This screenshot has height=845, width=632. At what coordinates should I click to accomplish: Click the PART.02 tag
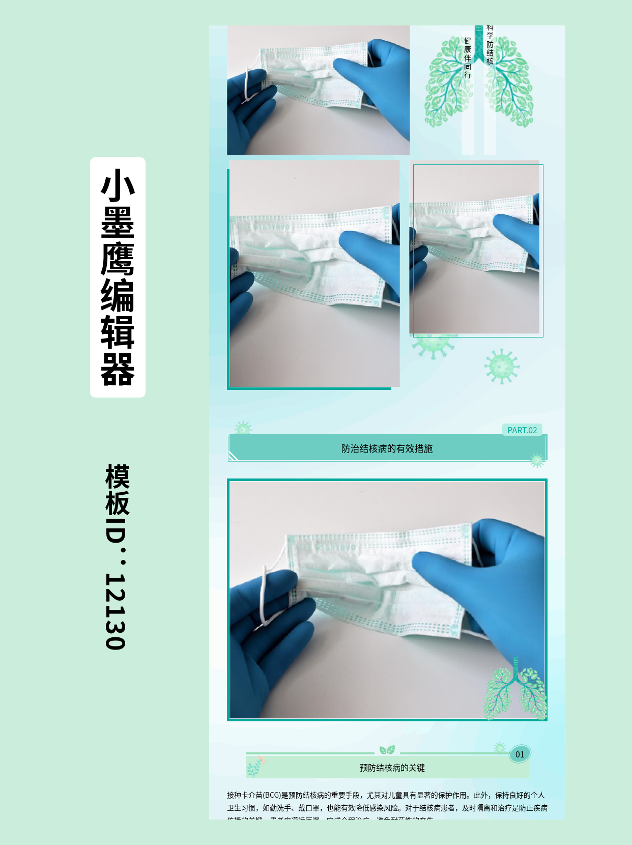(522, 430)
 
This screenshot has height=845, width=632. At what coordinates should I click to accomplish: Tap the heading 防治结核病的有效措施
(387, 448)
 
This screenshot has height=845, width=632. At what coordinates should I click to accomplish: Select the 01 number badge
(520, 754)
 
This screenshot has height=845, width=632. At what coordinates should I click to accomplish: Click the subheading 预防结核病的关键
(392, 768)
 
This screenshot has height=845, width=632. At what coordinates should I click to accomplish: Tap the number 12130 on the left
(116, 611)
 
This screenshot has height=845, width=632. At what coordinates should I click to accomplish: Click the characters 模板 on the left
(118, 490)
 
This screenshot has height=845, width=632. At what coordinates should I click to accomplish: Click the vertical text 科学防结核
(490, 46)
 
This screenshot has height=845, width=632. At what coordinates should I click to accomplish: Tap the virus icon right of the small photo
(502, 366)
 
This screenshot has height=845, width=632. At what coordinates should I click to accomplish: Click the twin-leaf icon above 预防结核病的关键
(387, 750)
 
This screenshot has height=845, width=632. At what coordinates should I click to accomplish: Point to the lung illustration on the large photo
(515, 690)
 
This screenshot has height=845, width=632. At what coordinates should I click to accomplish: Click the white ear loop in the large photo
(264, 596)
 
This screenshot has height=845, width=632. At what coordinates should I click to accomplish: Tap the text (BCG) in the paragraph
(272, 795)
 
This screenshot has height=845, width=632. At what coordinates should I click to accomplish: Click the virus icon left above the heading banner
(243, 429)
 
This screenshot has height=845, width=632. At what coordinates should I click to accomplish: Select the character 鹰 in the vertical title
(118, 259)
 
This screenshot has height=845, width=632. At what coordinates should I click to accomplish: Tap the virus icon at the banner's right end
(537, 460)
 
